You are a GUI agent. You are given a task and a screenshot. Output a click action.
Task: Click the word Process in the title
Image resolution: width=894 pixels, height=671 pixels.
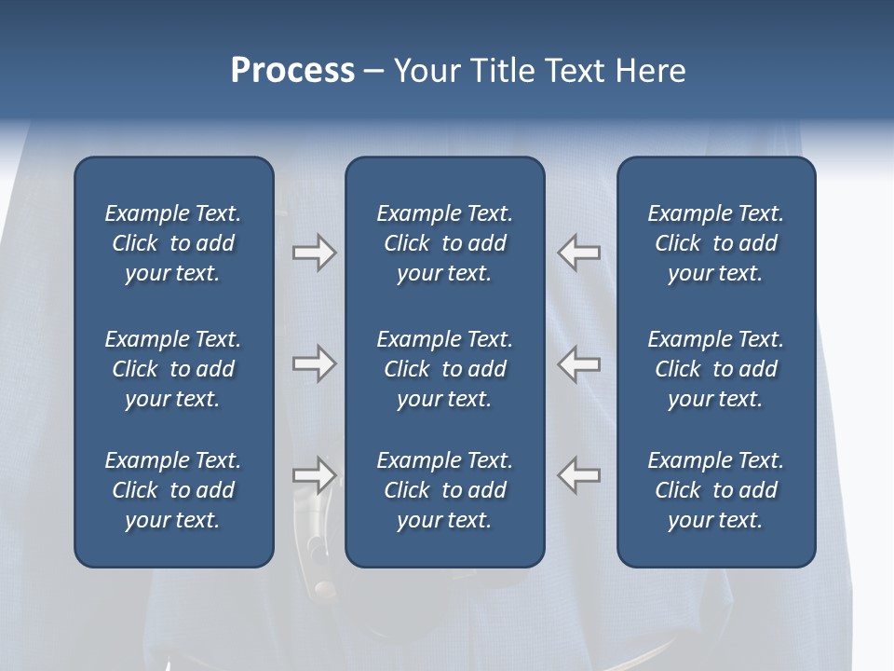coord(292,71)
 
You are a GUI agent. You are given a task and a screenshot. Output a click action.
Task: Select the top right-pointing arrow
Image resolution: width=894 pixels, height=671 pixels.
coord(314,253)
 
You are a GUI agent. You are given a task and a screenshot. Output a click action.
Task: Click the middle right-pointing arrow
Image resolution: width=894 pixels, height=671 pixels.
coord(314,363)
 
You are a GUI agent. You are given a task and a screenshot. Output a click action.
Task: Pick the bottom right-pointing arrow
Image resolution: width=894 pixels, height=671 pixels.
coord(314,475)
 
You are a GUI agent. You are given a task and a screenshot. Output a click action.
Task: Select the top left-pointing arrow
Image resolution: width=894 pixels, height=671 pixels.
coord(579,253)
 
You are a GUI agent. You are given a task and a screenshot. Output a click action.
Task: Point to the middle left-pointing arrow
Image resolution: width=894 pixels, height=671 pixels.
coord(579,363)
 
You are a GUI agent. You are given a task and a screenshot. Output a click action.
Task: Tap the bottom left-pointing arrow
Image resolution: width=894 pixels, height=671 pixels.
coord(579,475)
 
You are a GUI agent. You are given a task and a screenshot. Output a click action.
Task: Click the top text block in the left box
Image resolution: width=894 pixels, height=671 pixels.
coord(173,243)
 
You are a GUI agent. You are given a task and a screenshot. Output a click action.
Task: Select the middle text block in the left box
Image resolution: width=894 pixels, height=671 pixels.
coord(173,369)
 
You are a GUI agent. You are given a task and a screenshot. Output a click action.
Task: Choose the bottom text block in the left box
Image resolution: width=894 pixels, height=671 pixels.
coord(173,490)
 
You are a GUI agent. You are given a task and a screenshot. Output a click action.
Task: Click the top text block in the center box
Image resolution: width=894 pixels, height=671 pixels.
coord(444,243)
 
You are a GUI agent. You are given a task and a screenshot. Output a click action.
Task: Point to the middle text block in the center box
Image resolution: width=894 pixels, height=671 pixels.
coord(444,369)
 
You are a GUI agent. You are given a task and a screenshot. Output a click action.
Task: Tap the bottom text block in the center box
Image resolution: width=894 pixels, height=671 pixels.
coord(444,490)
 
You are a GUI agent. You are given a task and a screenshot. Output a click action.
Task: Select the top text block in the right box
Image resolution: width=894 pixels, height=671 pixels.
coord(715,243)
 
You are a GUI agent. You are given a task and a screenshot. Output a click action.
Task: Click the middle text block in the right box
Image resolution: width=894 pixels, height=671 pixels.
coord(715,369)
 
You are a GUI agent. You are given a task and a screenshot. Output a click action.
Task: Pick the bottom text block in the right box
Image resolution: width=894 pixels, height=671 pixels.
coord(715,490)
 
